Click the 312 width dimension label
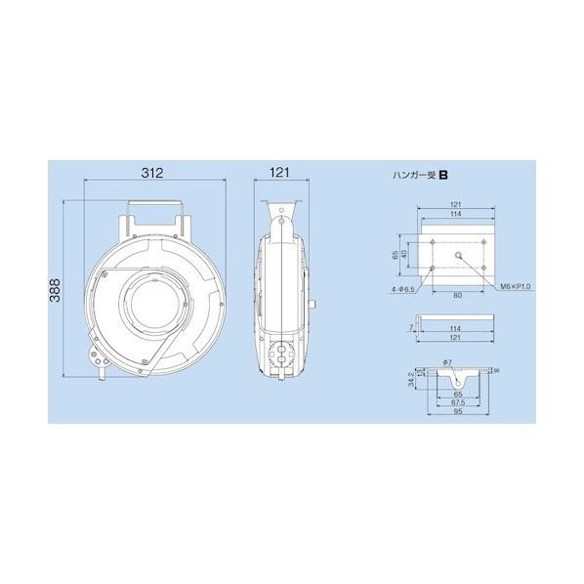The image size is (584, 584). pos(152,173)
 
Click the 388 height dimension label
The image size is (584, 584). pos(55,290)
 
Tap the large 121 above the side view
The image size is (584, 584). pos(279,173)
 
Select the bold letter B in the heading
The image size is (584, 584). pos(443,175)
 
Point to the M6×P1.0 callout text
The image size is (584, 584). pos(516,286)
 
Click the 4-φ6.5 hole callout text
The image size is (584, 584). pos(403,289)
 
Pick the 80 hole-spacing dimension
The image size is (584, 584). pos(458,295)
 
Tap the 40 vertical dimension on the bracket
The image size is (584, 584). pos(404,254)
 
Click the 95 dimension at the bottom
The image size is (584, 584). pos(458,411)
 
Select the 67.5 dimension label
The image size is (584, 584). pos(458,402)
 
